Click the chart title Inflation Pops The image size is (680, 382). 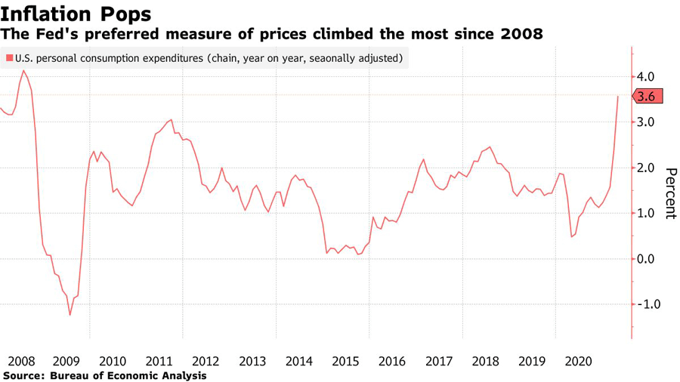coord(76,13)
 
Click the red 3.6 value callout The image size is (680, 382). coord(648,97)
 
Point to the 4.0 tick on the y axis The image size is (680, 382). coord(650,77)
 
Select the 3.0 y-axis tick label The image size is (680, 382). coord(650,122)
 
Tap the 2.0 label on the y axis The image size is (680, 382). coord(650,168)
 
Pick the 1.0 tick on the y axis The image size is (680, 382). coord(650,213)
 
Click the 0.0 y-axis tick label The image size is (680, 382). coord(650,259)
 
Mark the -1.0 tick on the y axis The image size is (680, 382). coord(648,304)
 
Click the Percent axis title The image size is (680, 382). coord(669,193)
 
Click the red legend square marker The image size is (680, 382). coord(8,57)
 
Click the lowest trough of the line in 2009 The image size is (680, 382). coord(70,315)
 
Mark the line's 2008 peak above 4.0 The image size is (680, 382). coord(23,71)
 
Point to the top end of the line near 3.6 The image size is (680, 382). coord(618,97)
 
